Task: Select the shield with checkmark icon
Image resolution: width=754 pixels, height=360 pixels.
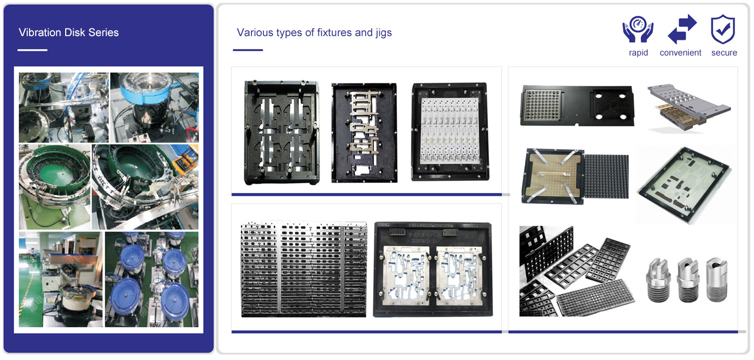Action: [x=723, y=29]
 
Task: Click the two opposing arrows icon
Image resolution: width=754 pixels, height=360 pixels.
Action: [x=682, y=29]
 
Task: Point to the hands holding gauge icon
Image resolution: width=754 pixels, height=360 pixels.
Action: [x=638, y=29]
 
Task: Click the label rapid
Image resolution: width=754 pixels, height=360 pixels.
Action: [x=638, y=53]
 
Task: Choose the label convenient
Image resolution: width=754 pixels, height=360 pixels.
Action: [x=680, y=53]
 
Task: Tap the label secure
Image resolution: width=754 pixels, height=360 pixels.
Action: [x=724, y=53]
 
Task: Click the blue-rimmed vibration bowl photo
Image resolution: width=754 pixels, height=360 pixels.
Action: [x=155, y=107]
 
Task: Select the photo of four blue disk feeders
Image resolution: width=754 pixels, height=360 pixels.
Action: [x=152, y=279]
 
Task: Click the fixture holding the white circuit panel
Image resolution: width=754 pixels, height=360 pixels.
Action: [x=450, y=131]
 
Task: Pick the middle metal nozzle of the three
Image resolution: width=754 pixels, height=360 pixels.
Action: [x=687, y=279]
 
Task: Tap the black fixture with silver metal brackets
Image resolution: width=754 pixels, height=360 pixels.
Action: [x=364, y=133]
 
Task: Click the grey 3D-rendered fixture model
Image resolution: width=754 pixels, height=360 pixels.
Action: [x=688, y=108]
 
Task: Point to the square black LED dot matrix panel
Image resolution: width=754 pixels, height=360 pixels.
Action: [x=606, y=176]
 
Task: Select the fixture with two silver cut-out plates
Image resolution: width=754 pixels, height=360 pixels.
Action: [x=433, y=269]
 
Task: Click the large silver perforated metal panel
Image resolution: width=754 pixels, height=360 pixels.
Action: [x=304, y=269]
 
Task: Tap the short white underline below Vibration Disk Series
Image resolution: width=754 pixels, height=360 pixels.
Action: [x=32, y=50]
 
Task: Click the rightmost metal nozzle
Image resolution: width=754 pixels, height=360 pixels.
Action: [x=717, y=279]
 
